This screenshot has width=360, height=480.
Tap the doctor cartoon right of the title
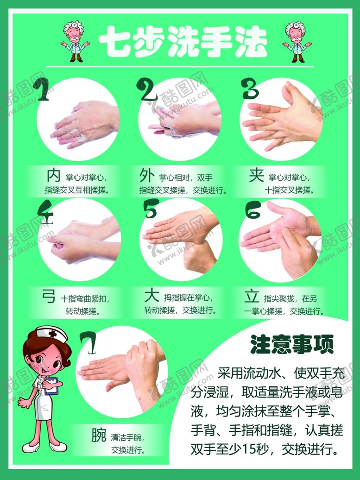pyautogui.click(x=296, y=42)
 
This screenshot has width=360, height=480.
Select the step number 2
pyautogui.click(x=149, y=90)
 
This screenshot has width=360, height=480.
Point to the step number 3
pyautogui.click(x=251, y=89)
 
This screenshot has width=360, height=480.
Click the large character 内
pyautogui.click(x=54, y=176)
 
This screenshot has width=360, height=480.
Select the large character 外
pyautogui.click(x=147, y=176)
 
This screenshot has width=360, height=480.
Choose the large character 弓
pyautogui.click(x=49, y=296)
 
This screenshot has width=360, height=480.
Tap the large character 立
pyautogui.click(x=252, y=296)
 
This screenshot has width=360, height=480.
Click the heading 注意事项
pyautogui.click(x=292, y=344)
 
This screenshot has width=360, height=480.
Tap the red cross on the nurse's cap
pyautogui.click(x=53, y=334)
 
